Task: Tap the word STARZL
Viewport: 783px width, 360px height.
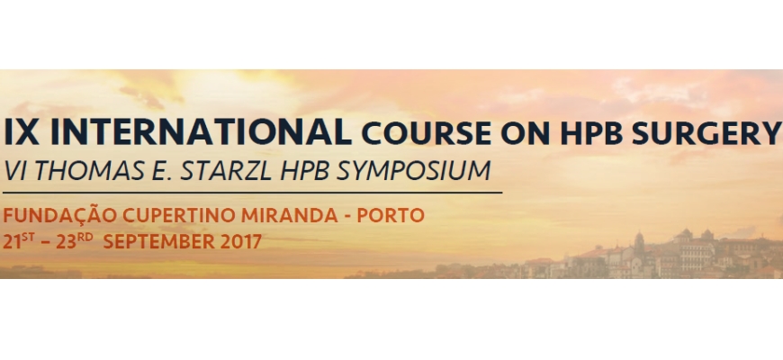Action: [226, 170]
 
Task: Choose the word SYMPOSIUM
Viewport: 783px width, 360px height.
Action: [413, 170]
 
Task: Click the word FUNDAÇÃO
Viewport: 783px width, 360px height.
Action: [60, 215]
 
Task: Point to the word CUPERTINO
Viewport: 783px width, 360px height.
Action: [179, 216]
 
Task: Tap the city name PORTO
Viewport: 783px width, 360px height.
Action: [391, 216]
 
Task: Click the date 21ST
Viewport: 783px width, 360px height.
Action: [19, 240]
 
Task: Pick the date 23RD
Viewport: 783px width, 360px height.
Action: [75, 240]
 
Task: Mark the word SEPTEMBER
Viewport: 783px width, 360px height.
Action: [158, 242]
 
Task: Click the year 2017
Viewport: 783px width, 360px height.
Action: [240, 242]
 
